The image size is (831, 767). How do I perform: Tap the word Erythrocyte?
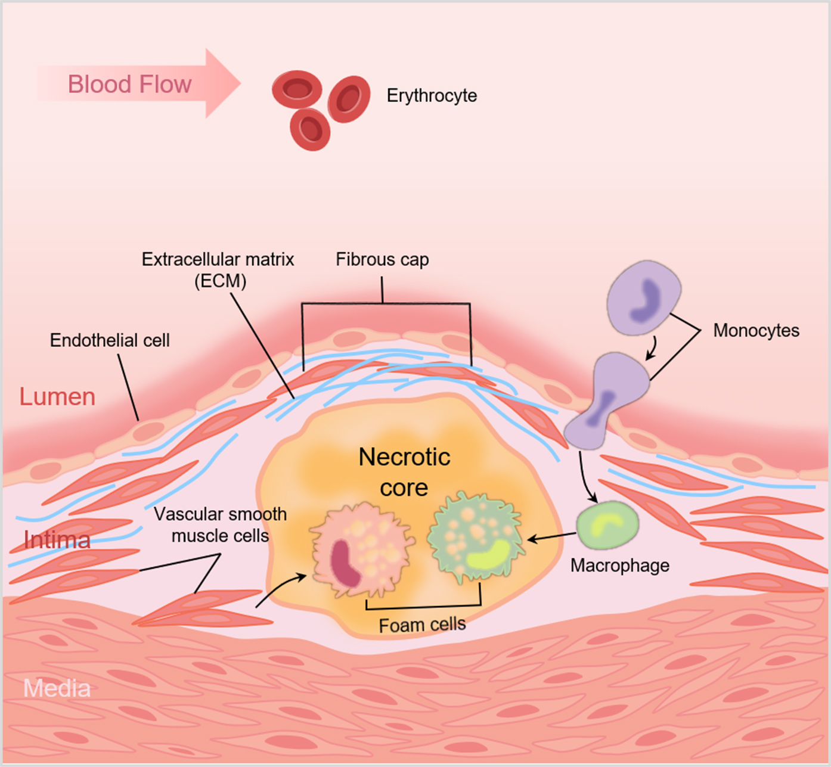tap(432, 95)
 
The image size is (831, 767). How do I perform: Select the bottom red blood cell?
tap(310, 129)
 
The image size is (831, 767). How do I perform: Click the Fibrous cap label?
tap(382, 259)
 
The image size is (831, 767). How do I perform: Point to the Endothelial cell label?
tap(110, 340)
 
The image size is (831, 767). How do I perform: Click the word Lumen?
tap(57, 396)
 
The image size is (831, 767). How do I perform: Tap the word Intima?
tap(57, 540)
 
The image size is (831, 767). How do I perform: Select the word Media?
tap(57, 688)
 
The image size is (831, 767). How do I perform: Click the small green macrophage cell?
tap(607, 525)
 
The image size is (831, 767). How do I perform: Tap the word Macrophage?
tap(619, 565)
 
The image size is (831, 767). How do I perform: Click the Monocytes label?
tap(756, 330)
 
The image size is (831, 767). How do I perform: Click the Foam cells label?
tap(422, 625)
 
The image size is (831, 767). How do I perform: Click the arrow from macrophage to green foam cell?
tap(551, 538)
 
